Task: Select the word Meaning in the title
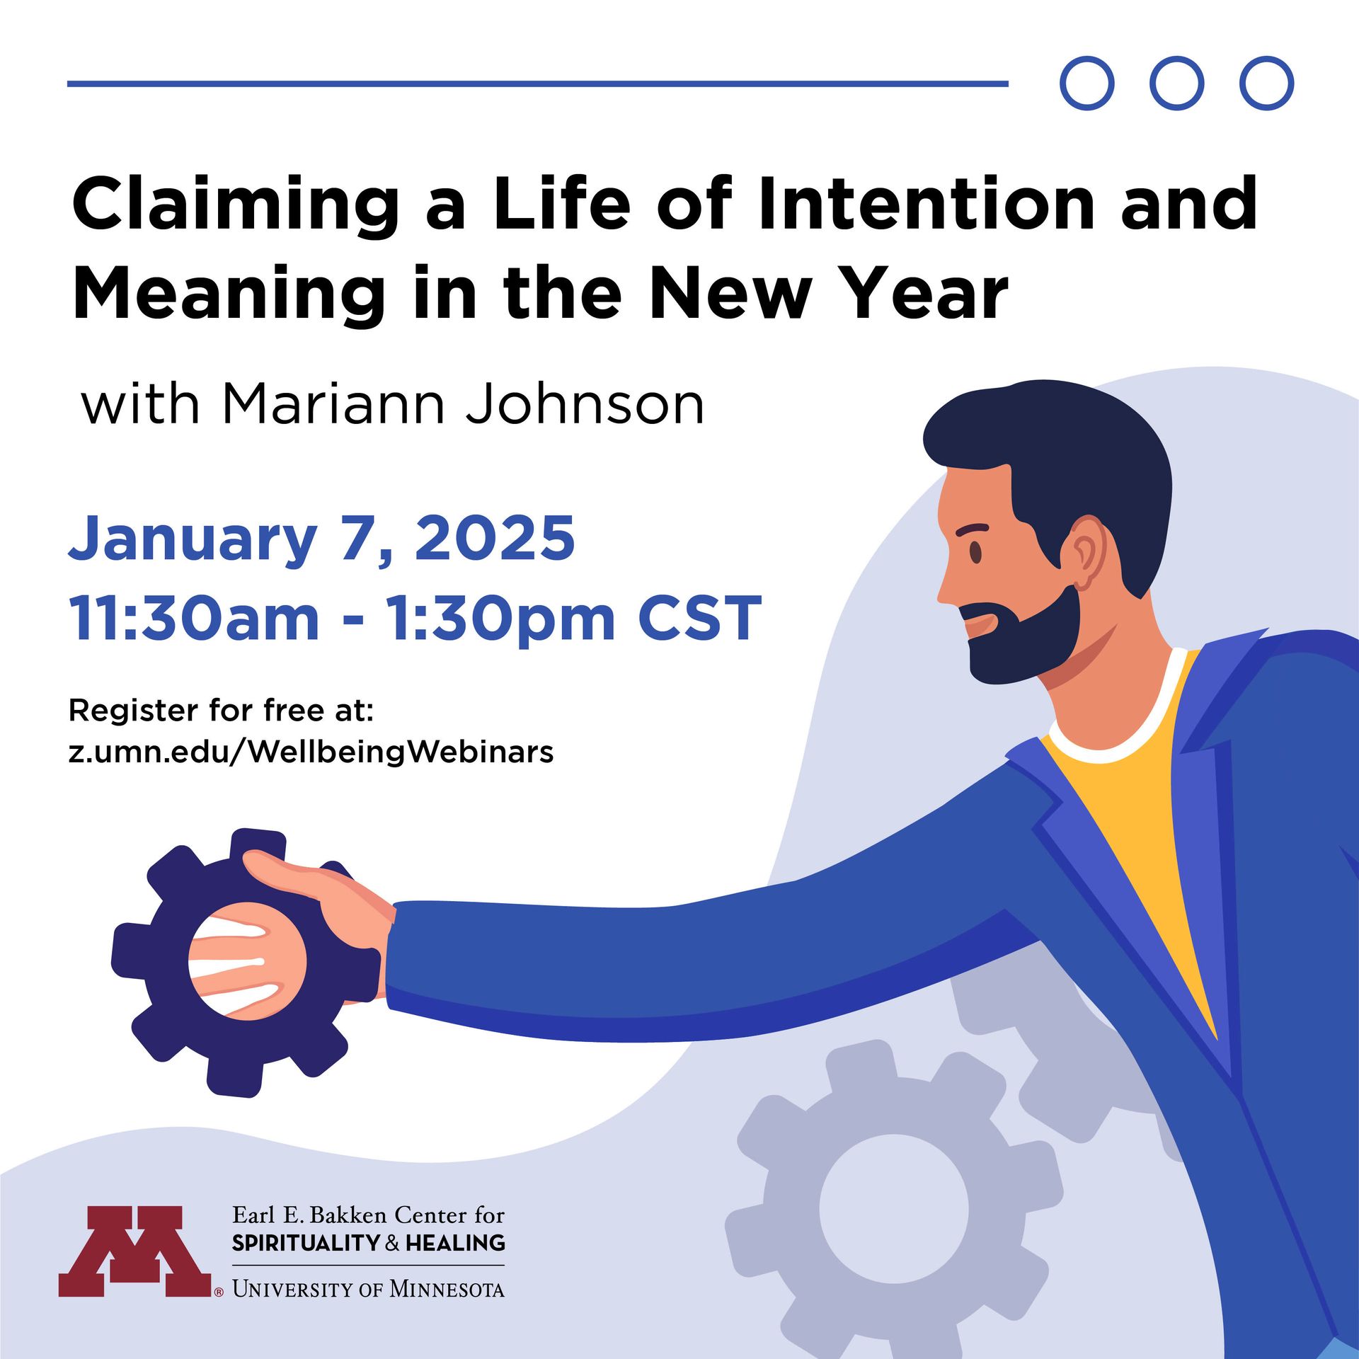(x=229, y=296)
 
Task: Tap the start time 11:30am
(x=194, y=618)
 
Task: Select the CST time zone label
(x=699, y=618)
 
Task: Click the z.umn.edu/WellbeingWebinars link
(x=311, y=752)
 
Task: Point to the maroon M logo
(x=136, y=1251)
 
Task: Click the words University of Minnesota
(x=368, y=1289)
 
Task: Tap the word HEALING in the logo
(x=456, y=1243)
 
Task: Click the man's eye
(x=975, y=551)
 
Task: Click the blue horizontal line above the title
(x=538, y=84)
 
